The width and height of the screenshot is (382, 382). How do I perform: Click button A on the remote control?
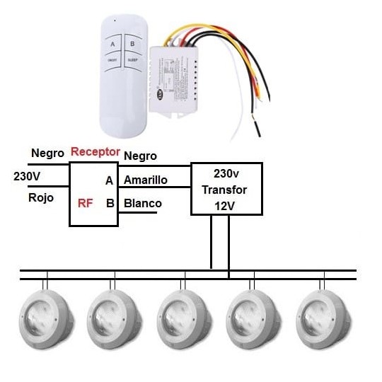click(x=112, y=45)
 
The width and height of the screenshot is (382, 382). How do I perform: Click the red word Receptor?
click(x=95, y=151)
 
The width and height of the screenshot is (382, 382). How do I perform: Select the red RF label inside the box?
click(x=85, y=204)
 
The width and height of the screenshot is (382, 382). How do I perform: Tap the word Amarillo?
click(x=145, y=180)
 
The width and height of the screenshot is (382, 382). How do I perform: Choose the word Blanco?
click(x=142, y=204)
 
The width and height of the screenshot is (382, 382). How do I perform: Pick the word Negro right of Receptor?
click(x=140, y=156)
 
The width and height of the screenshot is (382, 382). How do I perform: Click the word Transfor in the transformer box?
click(x=226, y=190)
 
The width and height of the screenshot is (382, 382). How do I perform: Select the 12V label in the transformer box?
click(x=226, y=206)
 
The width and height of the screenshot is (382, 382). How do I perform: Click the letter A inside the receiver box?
click(x=109, y=181)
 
